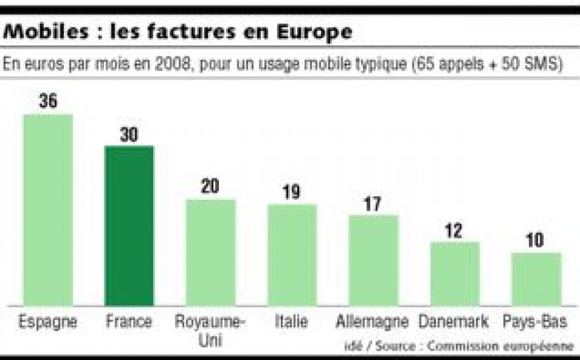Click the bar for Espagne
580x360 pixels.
pos(48,210)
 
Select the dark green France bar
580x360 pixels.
pos(129,225)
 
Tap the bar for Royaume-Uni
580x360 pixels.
pos(211,252)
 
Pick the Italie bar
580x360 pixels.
pos(292,255)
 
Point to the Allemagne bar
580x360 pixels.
pos(373,260)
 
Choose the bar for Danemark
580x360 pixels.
pos(455,274)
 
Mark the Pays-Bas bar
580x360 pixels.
pos(536,279)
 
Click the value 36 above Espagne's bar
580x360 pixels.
pos(48,101)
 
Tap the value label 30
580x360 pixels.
pos(129,135)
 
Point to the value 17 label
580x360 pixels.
pos(373,203)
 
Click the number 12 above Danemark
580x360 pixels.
pos(455,230)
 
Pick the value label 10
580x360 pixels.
pos(536,241)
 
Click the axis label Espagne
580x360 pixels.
pos(48,322)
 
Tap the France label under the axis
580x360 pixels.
pos(129,322)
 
